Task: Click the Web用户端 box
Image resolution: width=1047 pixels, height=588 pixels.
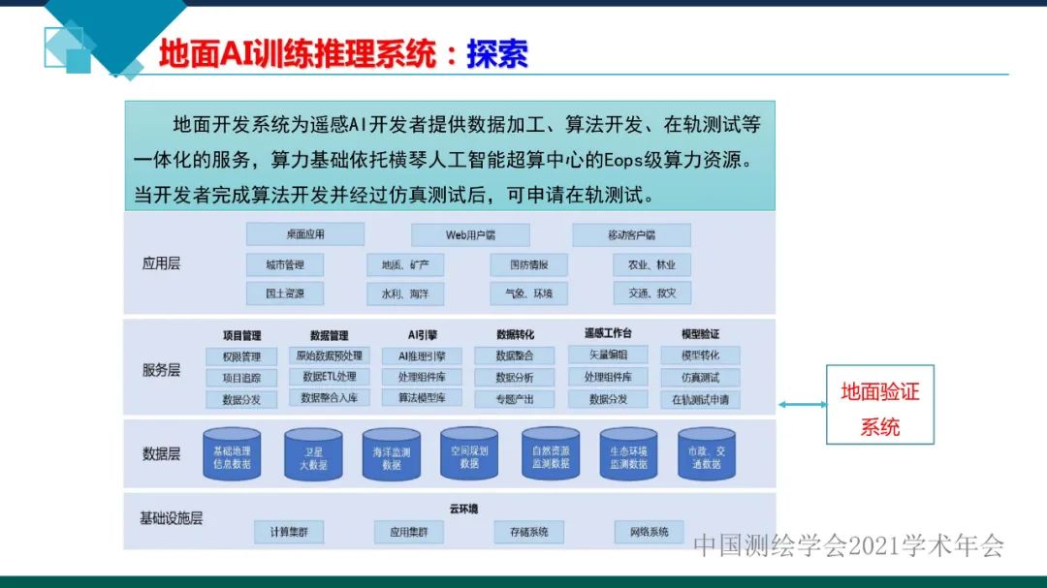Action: point(470,235)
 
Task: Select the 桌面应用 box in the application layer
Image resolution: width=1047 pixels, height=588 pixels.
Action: point(305,234)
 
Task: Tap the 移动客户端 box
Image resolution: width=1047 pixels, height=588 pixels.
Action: point(631,235)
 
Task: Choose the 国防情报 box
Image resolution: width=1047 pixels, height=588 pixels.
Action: point(528,264)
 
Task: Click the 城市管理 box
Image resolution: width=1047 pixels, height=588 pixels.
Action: point(285,264)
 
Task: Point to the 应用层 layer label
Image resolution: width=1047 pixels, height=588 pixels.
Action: point(161,263)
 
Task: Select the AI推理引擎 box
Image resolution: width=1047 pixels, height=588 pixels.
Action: point(422,356)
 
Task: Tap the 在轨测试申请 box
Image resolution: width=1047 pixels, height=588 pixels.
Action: point(700,399)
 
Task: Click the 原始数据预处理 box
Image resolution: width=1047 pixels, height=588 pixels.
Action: point(330,356)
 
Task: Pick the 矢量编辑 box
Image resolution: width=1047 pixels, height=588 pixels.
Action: point(608,356)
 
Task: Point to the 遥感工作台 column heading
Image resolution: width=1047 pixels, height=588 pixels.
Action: point(608,334)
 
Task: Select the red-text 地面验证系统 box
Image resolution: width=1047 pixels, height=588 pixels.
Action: point(880,405)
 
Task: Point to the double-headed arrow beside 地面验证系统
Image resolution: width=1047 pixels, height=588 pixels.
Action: point(803,405)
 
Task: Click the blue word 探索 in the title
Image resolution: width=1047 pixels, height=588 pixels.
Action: point(497,54)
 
